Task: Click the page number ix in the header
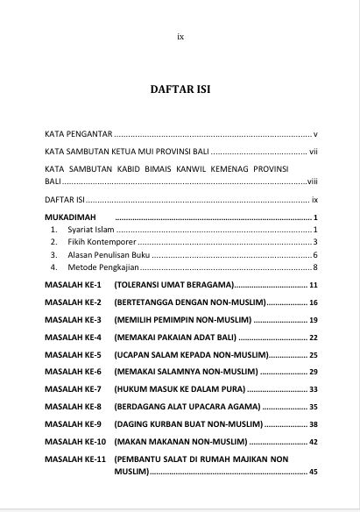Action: (x=180, y=37)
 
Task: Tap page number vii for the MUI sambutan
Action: (x=312, y=152)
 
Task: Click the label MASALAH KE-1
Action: (x=74, y=286)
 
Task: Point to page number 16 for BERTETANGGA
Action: (x=312, y=302)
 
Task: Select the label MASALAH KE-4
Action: (x=74, y=337)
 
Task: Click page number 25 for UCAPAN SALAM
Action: (x=312, y=354)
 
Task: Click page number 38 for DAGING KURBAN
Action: (x=312, y=423)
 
